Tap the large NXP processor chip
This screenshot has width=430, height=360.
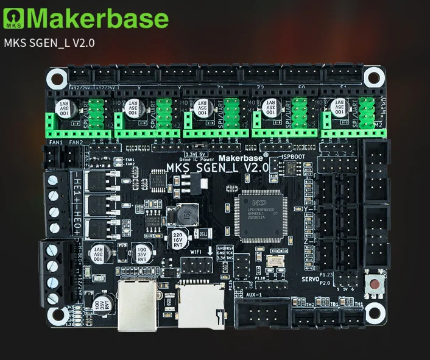point(263,216)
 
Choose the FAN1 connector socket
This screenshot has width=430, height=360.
point(55,158)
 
